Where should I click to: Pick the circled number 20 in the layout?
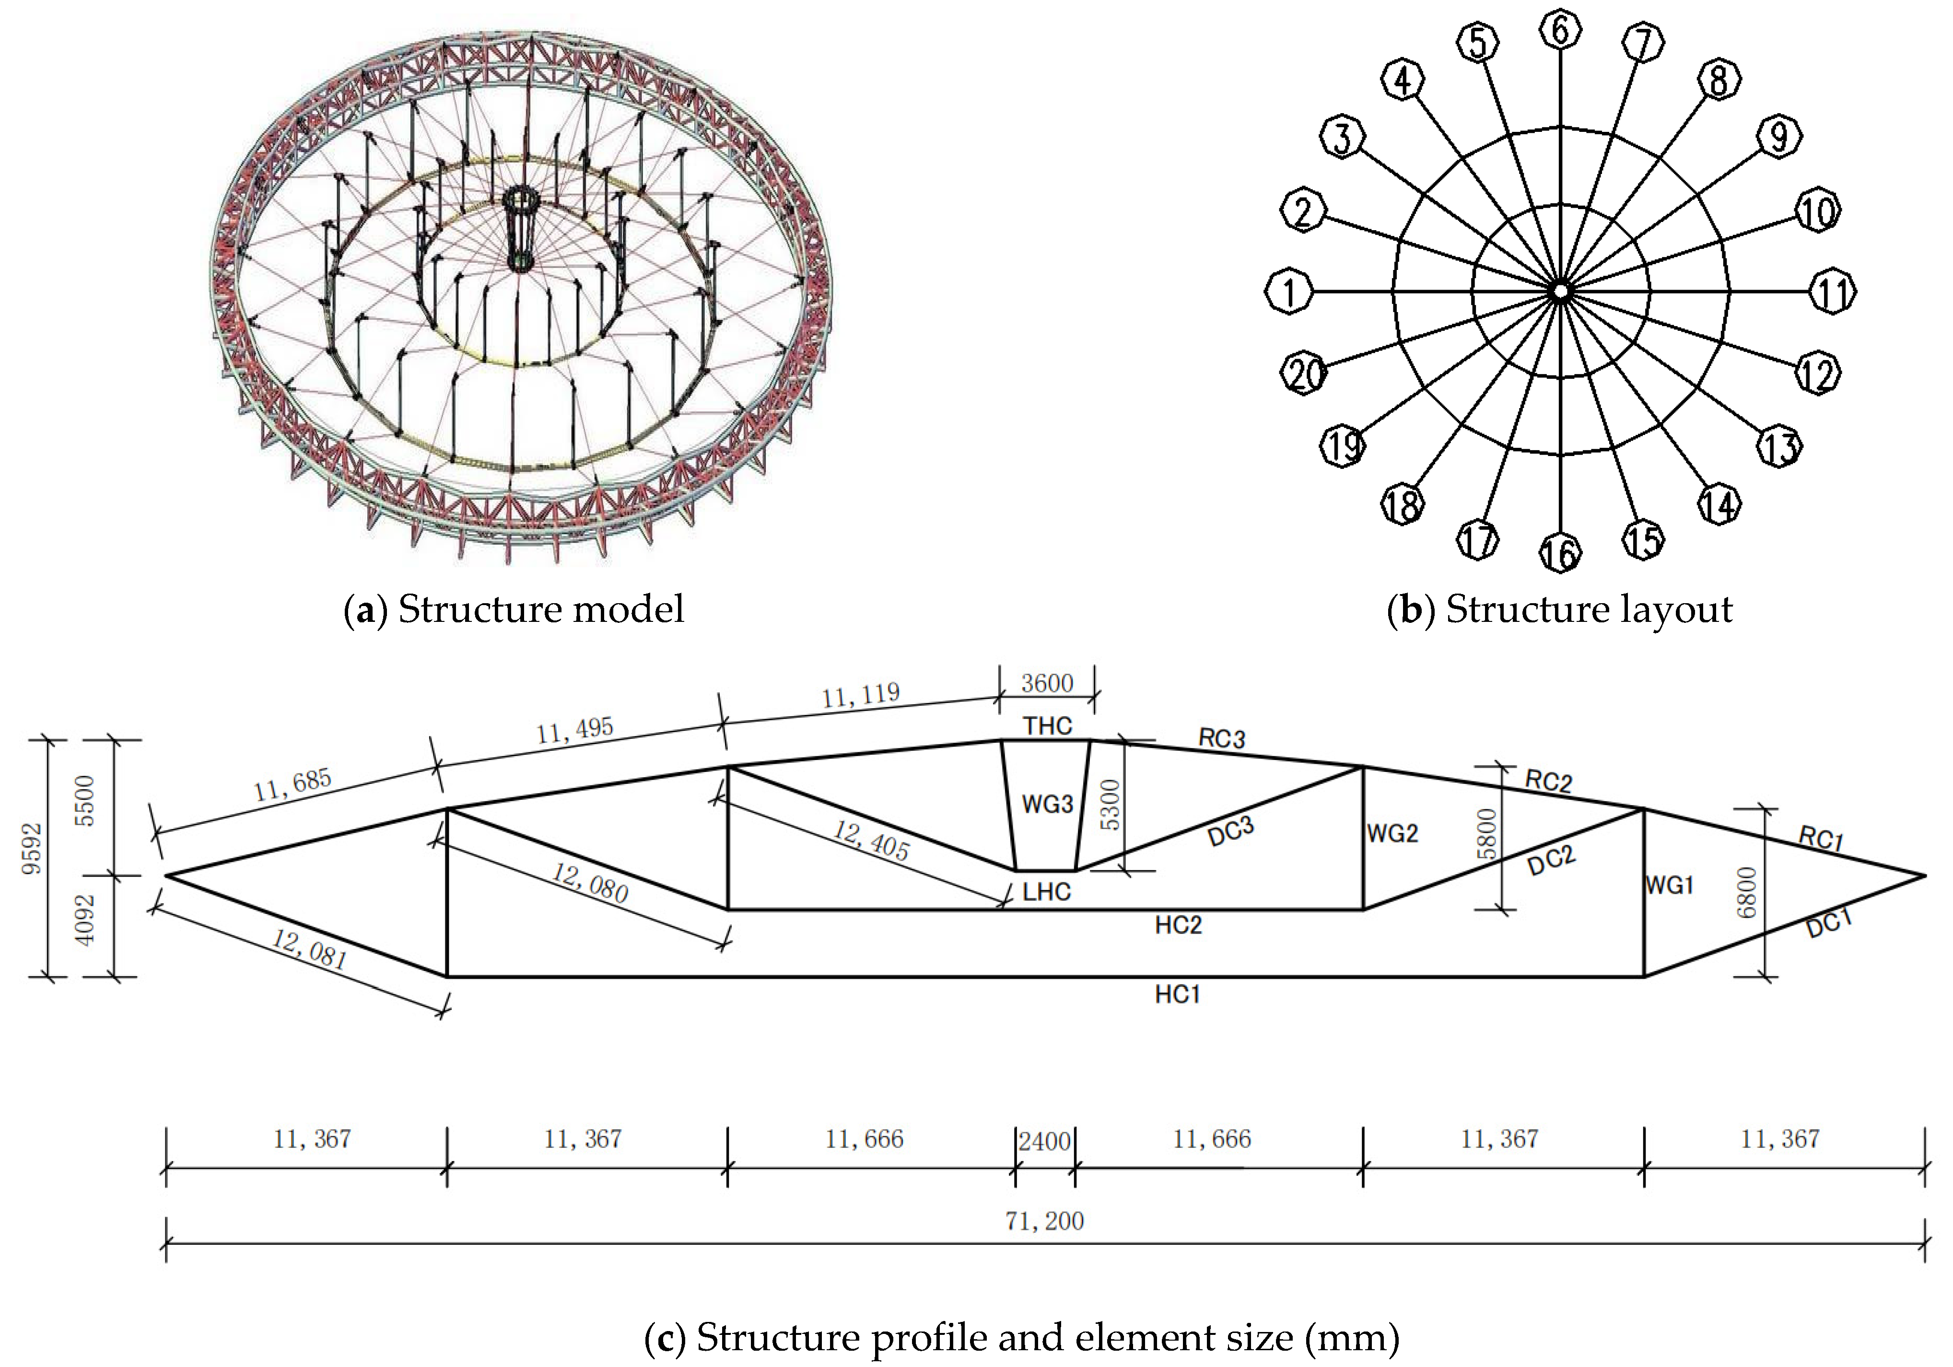(1303, 373)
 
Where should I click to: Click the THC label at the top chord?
(1047, 725)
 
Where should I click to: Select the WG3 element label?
(1047, 804)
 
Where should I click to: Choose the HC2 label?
(1178, 924)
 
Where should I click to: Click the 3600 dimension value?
(1047, 683)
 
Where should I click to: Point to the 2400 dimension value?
(1044, 1141)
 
